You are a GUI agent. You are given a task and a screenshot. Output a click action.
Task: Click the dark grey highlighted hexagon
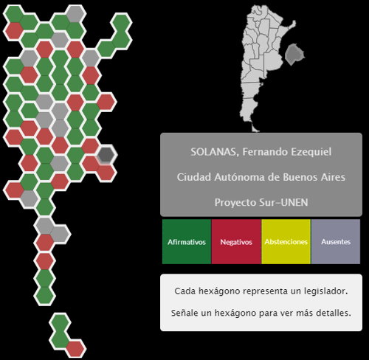point(106,154)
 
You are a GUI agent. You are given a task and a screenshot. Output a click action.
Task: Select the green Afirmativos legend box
point(187,242)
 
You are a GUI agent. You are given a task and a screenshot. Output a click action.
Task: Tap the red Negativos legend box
point(236,242)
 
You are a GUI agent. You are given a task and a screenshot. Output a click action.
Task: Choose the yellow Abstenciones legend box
point(286,242)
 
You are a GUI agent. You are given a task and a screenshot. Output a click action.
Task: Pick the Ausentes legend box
point(336,242)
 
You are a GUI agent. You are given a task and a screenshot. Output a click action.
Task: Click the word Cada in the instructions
point(184,291)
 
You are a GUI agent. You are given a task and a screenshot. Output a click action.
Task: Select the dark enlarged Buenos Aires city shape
point(294,54)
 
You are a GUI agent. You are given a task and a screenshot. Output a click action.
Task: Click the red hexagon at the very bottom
point(75,348)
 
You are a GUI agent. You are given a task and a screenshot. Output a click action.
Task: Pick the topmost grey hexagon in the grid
point(75,14)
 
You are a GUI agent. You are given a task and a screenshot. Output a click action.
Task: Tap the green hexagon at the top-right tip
point(121,23)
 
